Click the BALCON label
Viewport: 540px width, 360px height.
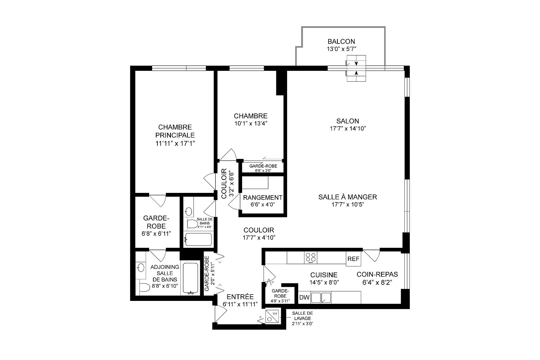tap(341, 41)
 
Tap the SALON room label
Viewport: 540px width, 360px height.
tap(348, 121)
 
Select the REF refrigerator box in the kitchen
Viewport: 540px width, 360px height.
tap(353, 259)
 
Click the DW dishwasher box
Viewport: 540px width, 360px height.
tap(304, 297)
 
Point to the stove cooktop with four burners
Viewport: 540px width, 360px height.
tap(310, 258)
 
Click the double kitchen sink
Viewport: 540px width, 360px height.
tap(321, 298)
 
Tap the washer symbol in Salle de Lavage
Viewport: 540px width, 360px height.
tap(272, 316)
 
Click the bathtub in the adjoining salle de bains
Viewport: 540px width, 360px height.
tap(190, 279)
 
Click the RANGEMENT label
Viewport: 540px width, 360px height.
tap(262, 197)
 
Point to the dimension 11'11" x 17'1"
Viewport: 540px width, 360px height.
tap(175, 143)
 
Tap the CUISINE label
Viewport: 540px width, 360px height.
tap(324, 275)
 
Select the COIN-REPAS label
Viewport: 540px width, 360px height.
tap(377, 274)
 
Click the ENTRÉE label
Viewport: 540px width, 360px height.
tap(240, 297)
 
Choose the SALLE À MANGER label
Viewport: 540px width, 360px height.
tap(347, 197)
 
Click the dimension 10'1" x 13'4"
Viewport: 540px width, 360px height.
tap(250, 123)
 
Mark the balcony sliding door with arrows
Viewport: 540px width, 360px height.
tap(356, 68)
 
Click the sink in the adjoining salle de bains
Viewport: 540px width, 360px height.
tap(140, 267)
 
